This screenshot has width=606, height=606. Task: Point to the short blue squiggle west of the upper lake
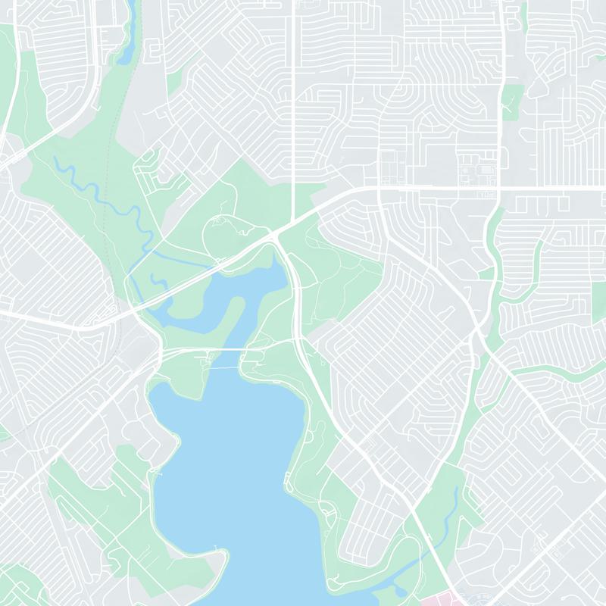(159, 281)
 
